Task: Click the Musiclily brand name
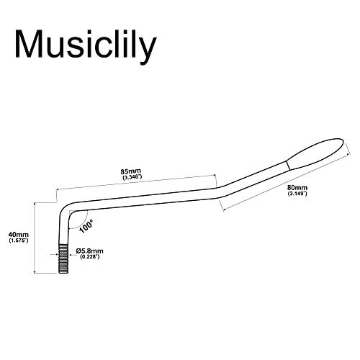pos(86,46)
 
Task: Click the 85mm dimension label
pos(131,171)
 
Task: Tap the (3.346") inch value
pos(132,178)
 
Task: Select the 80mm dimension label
pos(297,187)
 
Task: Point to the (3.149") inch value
pos(297,194)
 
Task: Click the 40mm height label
pos(19,234)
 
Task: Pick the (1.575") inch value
pos(19,240)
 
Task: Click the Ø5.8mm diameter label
pos(89,251)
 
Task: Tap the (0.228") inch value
pos(89,257)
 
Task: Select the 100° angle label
pos(86,226)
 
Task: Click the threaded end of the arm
pos(63,258)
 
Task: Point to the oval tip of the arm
pos(315,153)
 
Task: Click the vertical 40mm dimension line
pos(35,238)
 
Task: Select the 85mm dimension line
pos(136,182)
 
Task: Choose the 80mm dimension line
pos(286,183)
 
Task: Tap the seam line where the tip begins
pos(287,166)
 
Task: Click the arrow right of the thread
pos(72,256)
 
